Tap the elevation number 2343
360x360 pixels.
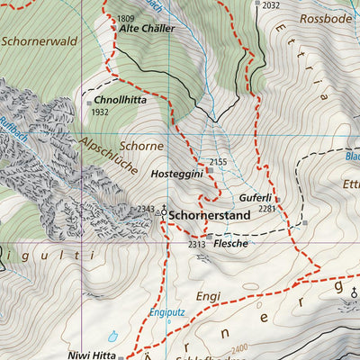146,209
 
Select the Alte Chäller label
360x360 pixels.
148,29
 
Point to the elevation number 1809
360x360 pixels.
125,18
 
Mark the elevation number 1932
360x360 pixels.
100,112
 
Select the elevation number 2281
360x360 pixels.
266,209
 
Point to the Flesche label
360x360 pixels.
231,243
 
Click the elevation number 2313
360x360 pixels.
197,244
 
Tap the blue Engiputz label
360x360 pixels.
166,312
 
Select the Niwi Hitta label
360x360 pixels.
92,355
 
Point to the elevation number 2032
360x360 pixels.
273,4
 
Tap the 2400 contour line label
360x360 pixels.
238,347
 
